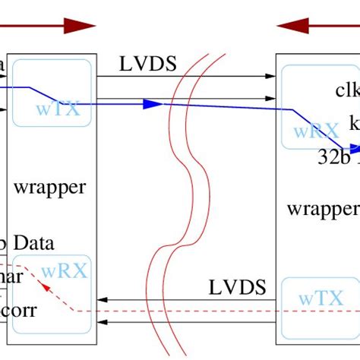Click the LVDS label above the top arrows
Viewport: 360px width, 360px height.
point(148,64)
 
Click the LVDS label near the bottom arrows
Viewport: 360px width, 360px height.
point(237,287)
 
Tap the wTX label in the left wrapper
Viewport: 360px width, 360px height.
point(58,109)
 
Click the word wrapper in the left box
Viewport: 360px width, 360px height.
point(51,187)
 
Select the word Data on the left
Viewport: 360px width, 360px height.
point(32,244)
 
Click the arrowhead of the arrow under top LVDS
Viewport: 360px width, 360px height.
point(271,76)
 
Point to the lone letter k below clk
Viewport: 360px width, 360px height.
point(354,122)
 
